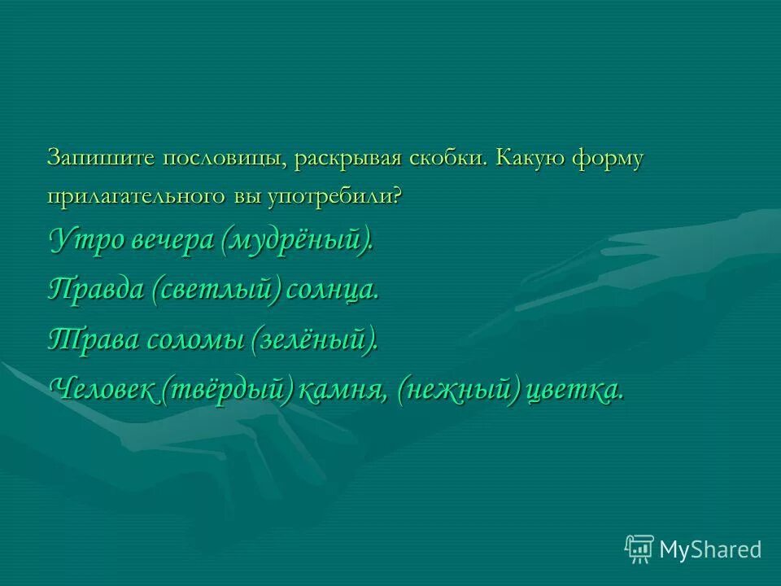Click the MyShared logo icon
click(x=639, y=549)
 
